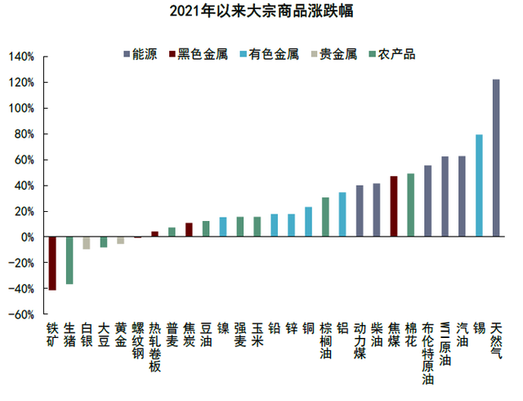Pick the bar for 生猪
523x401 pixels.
click(x=69, y=260)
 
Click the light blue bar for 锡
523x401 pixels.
click(x=479, y=186)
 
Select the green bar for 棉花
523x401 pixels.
click(x=411, y=205)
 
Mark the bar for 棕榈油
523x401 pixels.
click(x=325, y=217)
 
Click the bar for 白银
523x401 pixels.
click(x=87, y=243)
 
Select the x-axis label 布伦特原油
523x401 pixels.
click(x=428, y=353)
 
